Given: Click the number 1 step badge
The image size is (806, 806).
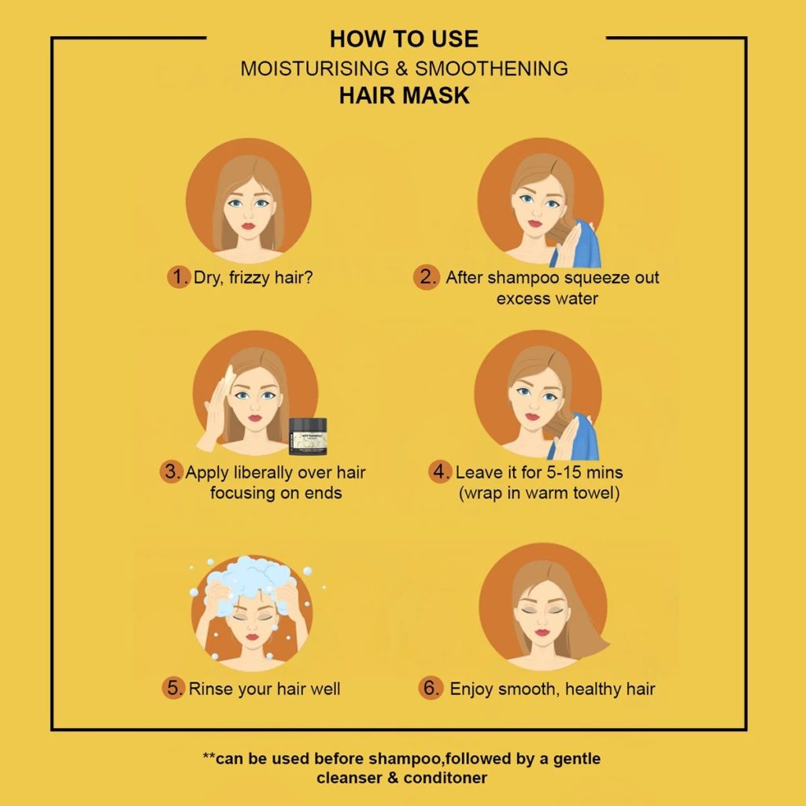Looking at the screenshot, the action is tap(178, 276).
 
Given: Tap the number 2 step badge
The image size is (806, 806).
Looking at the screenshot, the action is tap(426, 277).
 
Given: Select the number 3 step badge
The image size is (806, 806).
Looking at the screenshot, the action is tap(171, 471).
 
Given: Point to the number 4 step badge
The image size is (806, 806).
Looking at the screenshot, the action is tap(439, 471).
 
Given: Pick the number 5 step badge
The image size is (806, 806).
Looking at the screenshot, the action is tap(173, 687).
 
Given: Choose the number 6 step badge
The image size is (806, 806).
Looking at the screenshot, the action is tap(431, 687).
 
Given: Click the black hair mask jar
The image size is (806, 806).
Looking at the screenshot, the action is tap(308, 436).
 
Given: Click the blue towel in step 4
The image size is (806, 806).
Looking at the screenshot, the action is tap(574, 436).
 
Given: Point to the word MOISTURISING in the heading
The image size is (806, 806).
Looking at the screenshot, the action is tap(315, 68).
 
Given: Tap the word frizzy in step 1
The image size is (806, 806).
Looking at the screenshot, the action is tap(250, 278).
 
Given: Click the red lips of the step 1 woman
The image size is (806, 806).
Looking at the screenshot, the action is tap(248, 226).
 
